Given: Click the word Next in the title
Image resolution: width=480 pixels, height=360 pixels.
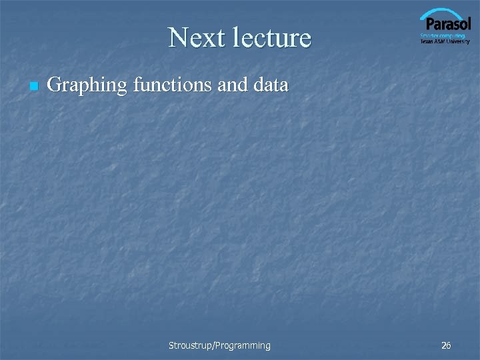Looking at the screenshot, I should (194, 38).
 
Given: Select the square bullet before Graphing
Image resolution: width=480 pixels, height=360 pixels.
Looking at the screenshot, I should (33, 87).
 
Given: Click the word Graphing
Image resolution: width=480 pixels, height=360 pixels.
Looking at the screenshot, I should (88, 85).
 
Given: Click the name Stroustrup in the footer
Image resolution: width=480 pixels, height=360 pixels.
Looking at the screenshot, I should (189, 345).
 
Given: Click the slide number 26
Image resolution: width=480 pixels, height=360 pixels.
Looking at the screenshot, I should (446, 345).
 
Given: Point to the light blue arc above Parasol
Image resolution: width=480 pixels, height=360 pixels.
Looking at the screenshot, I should (443, 13).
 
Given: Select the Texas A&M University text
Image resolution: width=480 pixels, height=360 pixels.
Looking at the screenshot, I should (445, 41).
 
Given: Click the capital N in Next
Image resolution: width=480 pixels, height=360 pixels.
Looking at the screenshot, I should (177, 38).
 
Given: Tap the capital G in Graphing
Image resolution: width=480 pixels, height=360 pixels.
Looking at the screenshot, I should (55, 85).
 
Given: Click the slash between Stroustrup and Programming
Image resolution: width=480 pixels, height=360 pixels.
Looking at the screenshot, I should (213, 345).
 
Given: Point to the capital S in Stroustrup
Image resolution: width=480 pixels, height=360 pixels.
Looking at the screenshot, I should (171, 345).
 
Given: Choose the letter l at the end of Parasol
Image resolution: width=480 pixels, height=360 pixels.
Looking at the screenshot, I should (469, 24).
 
